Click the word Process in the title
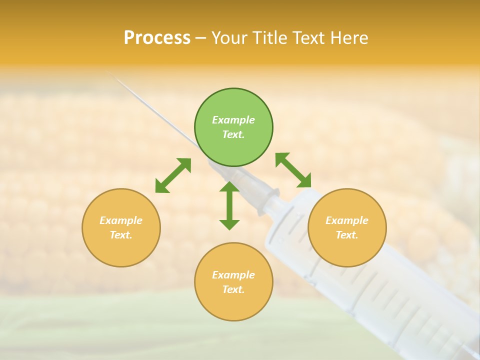pyautogui.click(x=157, y=38)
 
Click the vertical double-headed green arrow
pyautogui.click(x=229, y=205)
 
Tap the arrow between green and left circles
pyautogui.click(x=173, y=175)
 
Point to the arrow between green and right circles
pyautogui.click(x=293, y=170)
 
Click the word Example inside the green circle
pyautogui.click(x=233, y=120)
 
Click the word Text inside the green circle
pyautogui.click(x=233, y=134)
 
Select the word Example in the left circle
pyautogui.click(x=121, y=220)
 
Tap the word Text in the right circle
pyautogui.click(x=346, y=235)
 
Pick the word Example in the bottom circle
pyautogui.click(x=233, y=275)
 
